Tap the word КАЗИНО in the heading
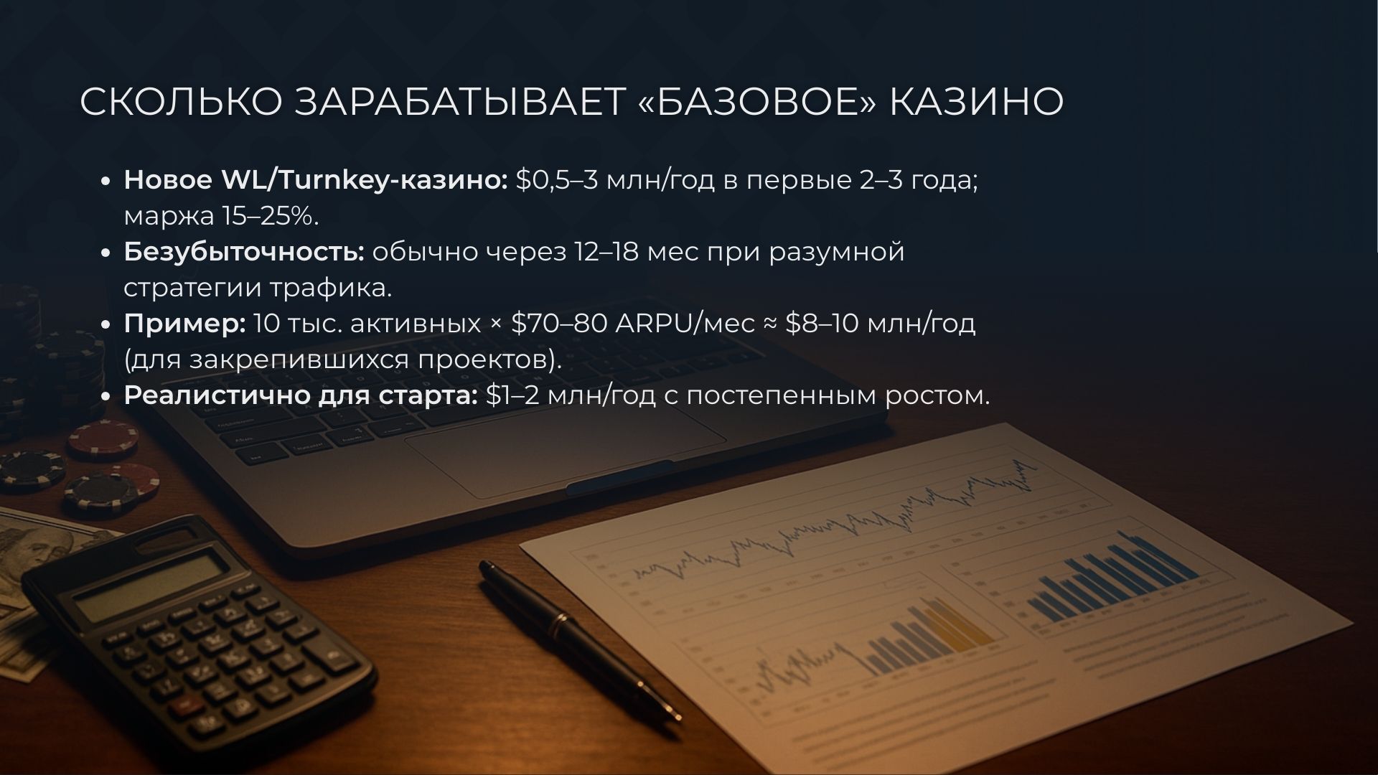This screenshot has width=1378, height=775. (x=977, y=102)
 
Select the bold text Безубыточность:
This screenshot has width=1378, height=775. (x=244, y=252)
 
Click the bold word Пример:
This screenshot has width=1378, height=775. (x=184, y=324)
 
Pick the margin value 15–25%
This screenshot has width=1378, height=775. (x=271, y=216)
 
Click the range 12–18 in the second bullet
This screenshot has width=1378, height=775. (x=606, y=252)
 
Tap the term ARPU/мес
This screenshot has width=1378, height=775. (x=682, y=324)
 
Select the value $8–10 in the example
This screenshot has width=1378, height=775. (x=822, y=324)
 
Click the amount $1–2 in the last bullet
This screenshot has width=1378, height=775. (x=512, y=395)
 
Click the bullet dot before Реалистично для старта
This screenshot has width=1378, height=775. (x=106, y=397)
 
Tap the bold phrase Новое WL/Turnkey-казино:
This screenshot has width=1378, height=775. (x=316, y=180)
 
